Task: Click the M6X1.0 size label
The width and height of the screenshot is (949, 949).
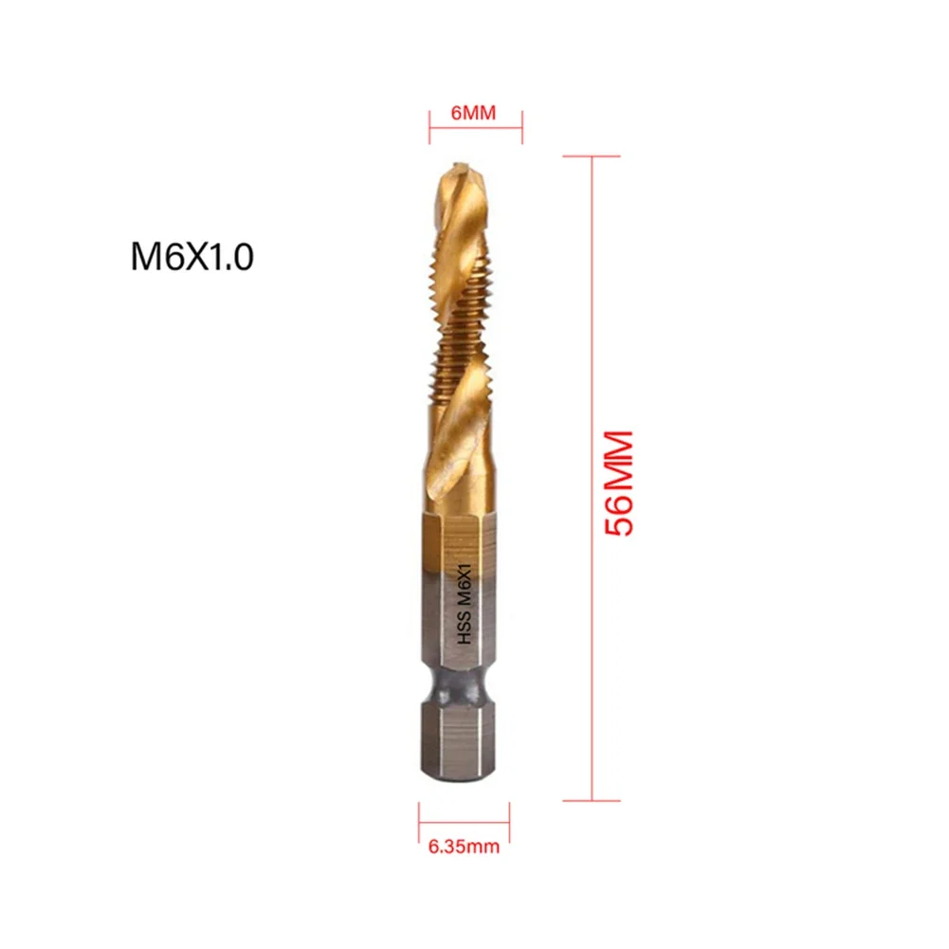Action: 192,258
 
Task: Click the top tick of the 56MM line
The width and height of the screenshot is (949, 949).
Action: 593,156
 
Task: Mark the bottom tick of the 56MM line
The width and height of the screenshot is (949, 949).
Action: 593,801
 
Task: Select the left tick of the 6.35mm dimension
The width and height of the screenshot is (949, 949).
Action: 420,816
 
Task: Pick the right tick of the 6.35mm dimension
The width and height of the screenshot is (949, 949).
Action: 510,816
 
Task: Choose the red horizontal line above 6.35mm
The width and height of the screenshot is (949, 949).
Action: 465,816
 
